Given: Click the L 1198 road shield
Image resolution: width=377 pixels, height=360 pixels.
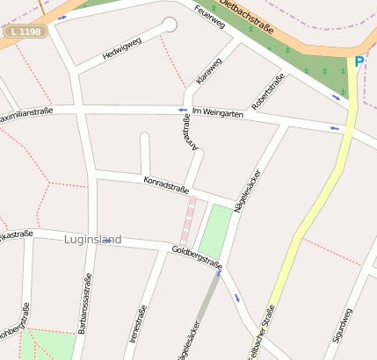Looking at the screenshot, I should click(25, 32).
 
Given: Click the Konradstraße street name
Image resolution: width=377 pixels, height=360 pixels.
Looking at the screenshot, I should click(166, 185).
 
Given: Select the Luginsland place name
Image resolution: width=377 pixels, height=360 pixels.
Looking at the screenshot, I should click(93, 239).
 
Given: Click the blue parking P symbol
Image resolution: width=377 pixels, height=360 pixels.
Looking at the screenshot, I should click(359, 61).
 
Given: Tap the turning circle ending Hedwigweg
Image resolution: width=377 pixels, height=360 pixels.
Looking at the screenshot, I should click(170, 25).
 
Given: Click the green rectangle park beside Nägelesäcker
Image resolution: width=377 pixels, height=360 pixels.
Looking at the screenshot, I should click(215, 231).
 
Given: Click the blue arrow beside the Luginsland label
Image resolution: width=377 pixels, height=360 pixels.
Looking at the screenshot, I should click(106, 241).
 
